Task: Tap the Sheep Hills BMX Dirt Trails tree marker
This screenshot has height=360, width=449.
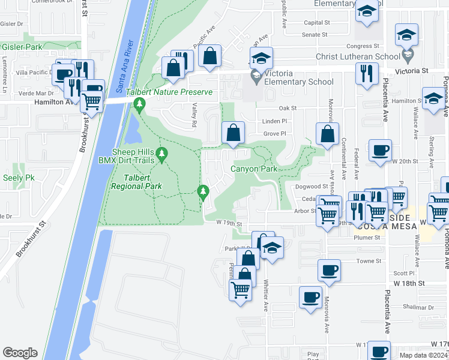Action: [161, 156]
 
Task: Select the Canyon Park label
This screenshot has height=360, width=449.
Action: [255, 169]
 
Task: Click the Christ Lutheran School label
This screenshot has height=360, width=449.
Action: [358, 57]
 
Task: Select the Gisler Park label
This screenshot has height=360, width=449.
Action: [22, 46]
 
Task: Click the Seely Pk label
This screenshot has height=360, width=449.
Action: [19, 178]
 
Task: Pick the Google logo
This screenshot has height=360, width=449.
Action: [20, 353]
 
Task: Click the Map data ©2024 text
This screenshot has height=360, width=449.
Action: [423, 355]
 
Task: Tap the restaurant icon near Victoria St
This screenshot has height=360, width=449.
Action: [366, 73]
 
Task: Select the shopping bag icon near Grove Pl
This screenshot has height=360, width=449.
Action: [234, 132]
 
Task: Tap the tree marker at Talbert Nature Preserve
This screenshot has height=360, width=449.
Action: [140, 106]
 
